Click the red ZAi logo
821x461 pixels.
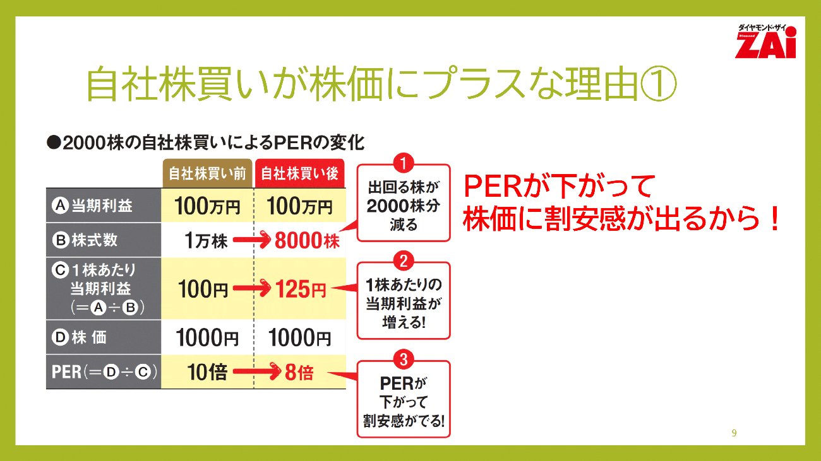[765, 42]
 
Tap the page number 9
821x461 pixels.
[734, 433]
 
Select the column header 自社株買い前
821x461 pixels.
[207, 173]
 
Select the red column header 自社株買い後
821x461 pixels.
[300, 173]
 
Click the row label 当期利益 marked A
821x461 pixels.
[92, 206]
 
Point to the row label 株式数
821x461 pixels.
[85, 240]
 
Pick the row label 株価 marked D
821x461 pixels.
[79, 337]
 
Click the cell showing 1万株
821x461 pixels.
[206, 240]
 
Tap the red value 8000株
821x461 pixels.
[307, 240]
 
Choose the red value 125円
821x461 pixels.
[301, 289]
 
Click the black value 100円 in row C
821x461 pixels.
[203, 289]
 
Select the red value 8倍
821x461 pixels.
[299, 372]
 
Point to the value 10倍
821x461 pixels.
[207, 372]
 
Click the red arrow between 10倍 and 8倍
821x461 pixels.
[257, 371]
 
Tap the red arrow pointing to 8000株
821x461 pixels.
[252, 240]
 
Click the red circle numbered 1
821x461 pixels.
[404, 163]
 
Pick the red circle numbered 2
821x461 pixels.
[404, 261]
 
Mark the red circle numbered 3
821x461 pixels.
[404, 359]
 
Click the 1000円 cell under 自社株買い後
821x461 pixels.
[300, 337]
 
